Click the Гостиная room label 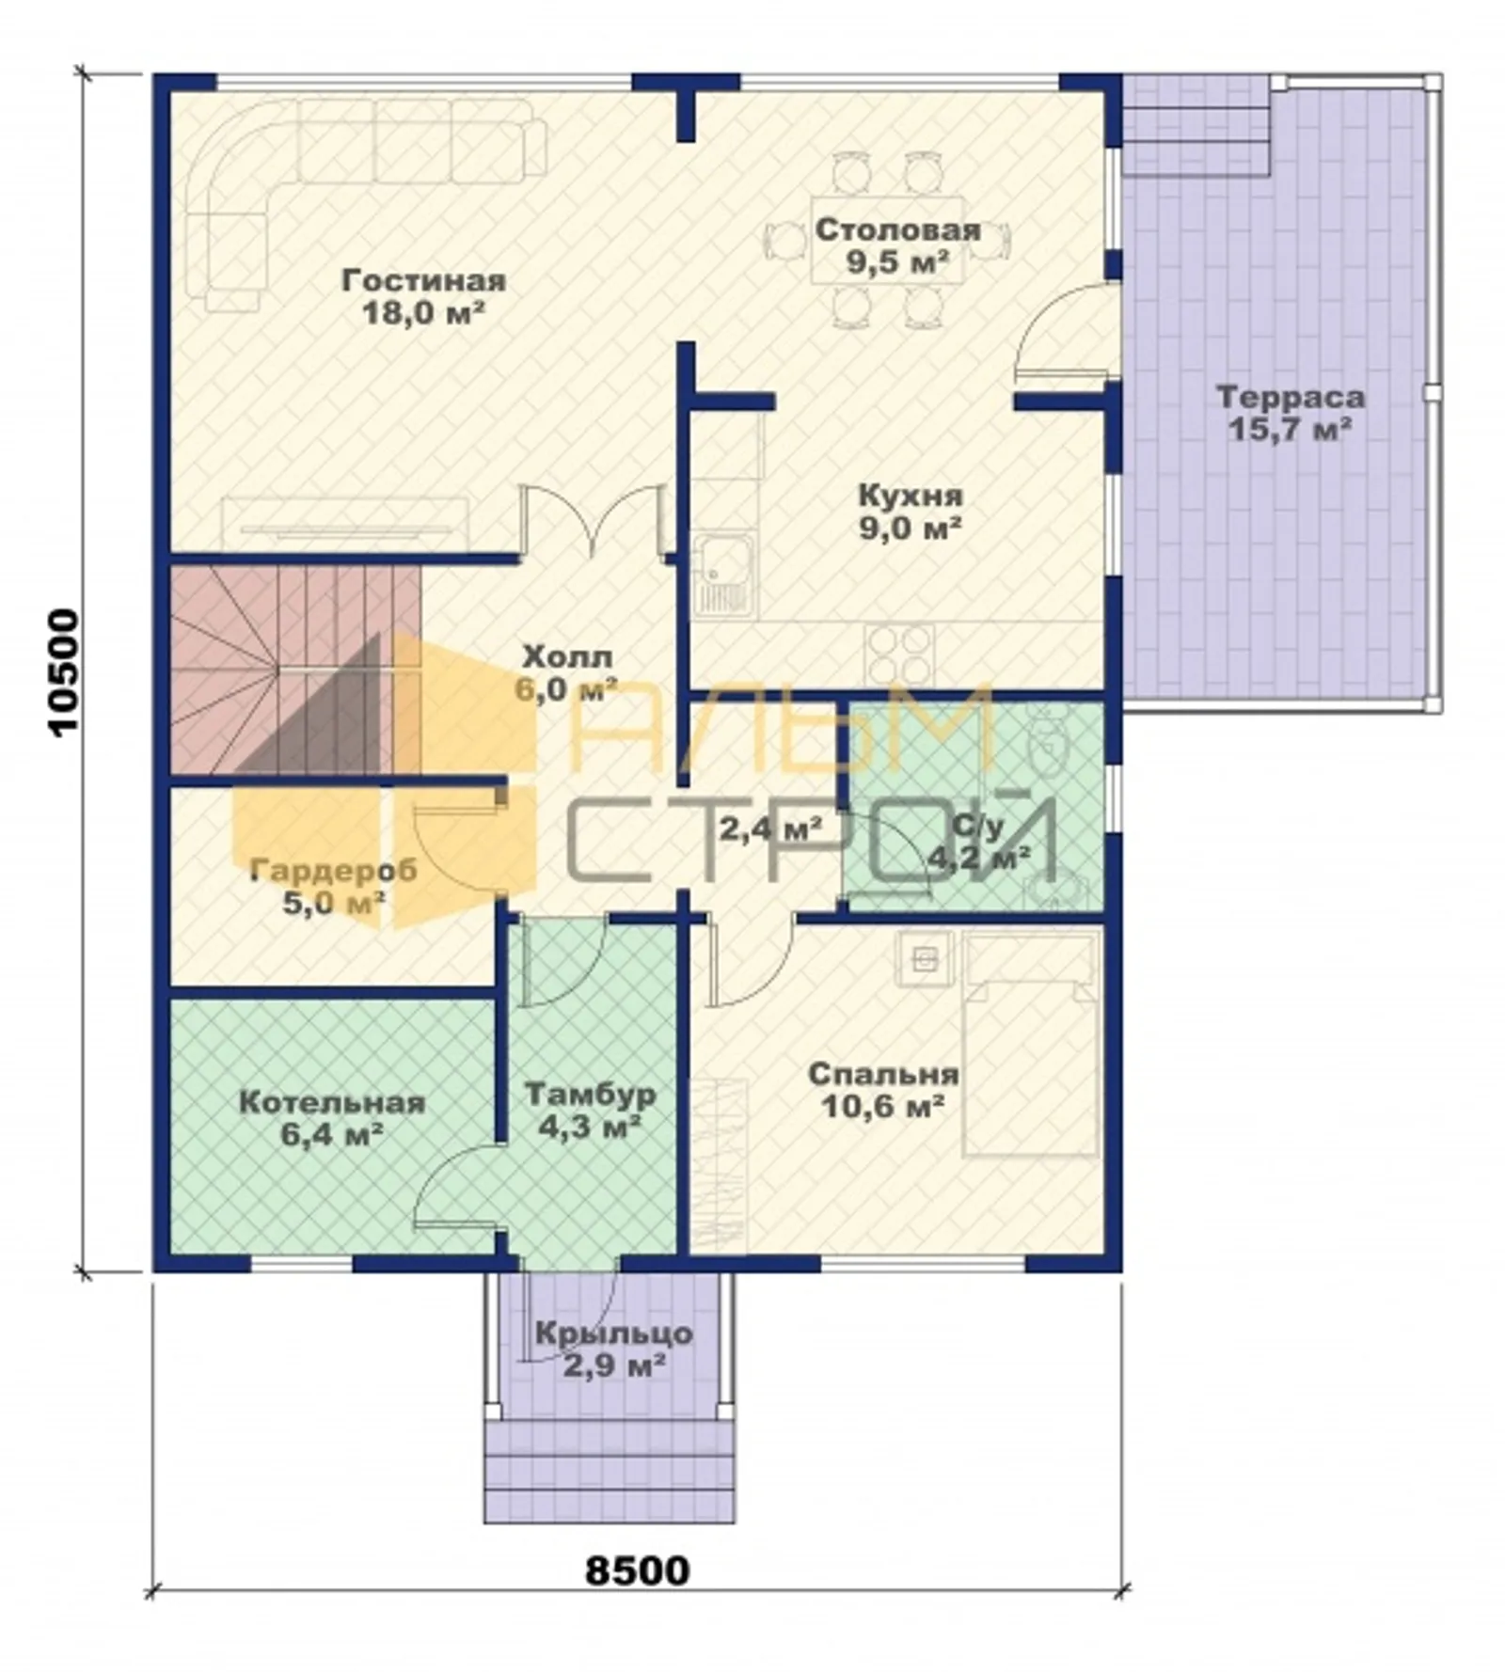[423, 280]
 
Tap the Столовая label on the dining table [898, 230]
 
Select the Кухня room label [911, 496]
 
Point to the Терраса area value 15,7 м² [1290, 430]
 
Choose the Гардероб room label [334, 870]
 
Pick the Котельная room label [332, 1102]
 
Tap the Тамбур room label [590, 1094]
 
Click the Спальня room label [883, 1074]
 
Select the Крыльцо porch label [614, 1333]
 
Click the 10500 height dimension [64, 672]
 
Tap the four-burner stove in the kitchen [899, 655]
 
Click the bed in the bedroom [1031, 1044]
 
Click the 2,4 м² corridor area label [770, 828]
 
